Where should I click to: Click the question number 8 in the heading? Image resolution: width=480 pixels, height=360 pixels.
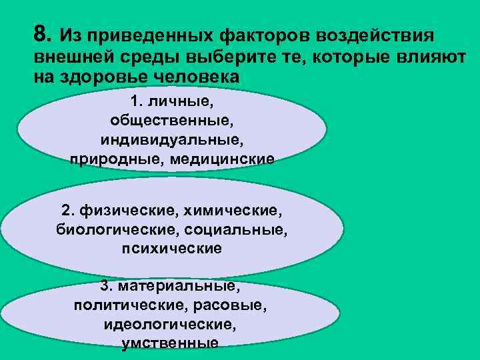click(x=40, y=33)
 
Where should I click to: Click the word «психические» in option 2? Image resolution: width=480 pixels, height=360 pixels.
click(x=172, y=249)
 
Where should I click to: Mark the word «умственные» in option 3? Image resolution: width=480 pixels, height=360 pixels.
click(x=171, y=343)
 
